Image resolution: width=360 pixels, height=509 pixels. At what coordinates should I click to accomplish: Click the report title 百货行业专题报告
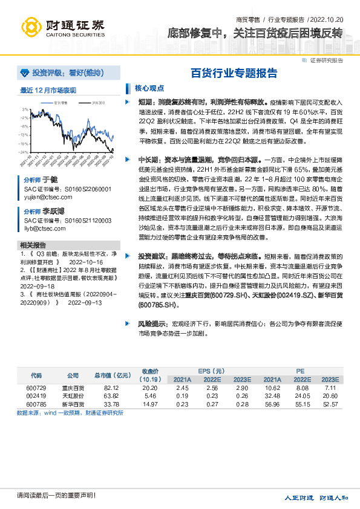click(x=234, y=74)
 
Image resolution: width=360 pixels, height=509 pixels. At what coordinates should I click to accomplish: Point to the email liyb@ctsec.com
click(x=39, y=228)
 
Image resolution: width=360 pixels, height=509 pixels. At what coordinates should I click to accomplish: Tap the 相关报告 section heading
click(x=33, y=245)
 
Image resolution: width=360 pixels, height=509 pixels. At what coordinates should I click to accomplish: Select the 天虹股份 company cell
click(x=73, y=395)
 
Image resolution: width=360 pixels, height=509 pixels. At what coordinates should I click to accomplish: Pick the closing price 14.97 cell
click(x=149, y=404)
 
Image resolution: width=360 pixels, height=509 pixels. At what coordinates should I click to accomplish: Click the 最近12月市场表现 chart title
click(x=48, y=91)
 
